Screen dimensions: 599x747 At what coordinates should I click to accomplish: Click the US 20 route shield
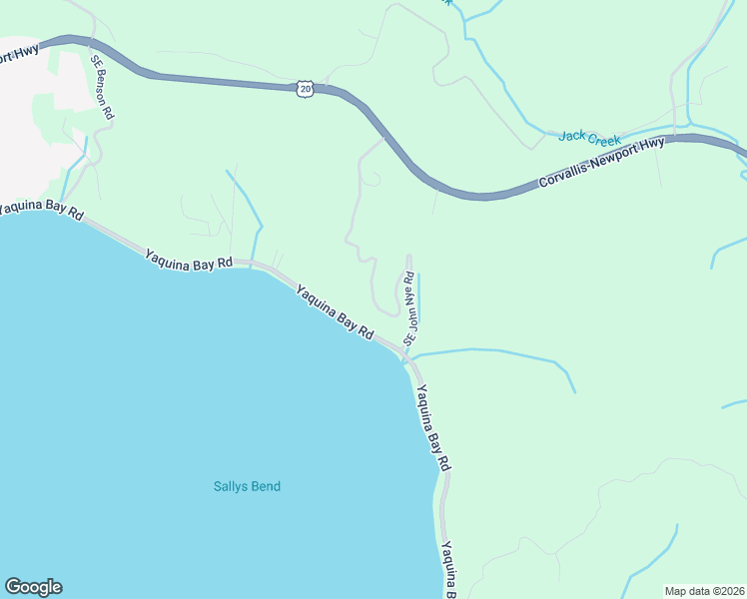point(306,89)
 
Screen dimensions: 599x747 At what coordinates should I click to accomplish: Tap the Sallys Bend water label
point(247,487)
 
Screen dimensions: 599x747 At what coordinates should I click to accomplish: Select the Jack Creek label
point(589,138)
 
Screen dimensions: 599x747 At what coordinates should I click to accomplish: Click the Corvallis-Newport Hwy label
point(601,164)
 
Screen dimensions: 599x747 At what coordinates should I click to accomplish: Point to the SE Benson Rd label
point(102,88)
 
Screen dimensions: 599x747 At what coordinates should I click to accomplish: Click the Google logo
point(33,587)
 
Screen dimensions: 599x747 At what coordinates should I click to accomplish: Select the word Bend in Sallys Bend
point(265,487)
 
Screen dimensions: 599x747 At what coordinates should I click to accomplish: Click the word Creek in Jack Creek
point(604,136)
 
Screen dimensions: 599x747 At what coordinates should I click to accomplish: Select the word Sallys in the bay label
point(230,487)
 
